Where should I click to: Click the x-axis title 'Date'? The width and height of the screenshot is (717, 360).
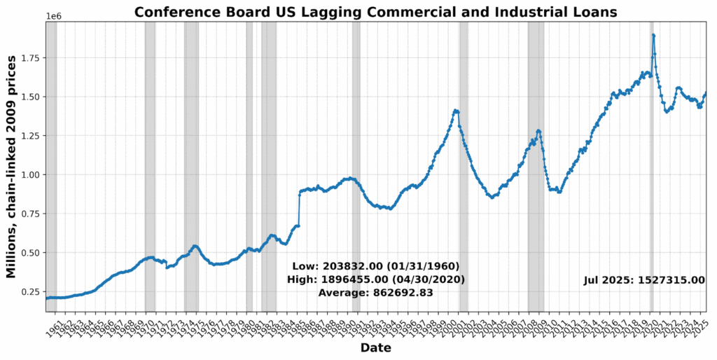click(376, 348)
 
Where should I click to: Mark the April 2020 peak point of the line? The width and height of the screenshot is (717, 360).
click(653, 35)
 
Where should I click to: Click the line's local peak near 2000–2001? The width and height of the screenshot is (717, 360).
click(456, 111)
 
